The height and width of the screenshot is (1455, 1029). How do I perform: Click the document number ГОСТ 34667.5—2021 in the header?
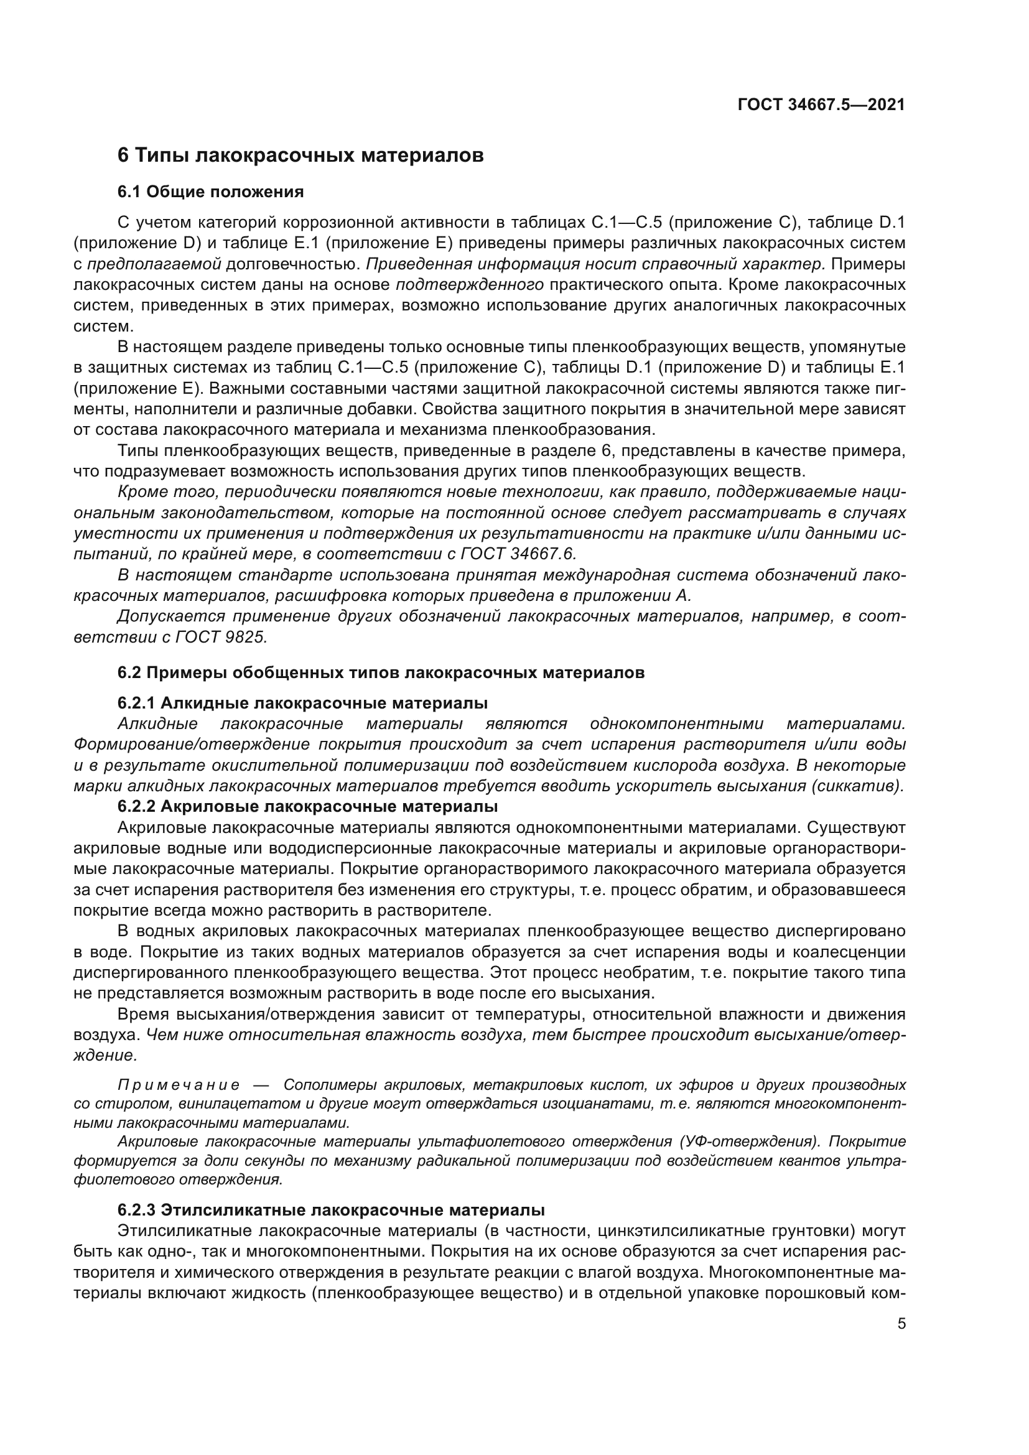[x=821, y=105]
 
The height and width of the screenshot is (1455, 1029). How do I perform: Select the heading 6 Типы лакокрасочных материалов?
[x=300, y=156]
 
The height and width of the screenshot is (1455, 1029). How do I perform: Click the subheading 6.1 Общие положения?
[x=210, y=192]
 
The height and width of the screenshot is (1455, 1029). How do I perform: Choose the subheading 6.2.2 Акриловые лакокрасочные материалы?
[x=307, y=807]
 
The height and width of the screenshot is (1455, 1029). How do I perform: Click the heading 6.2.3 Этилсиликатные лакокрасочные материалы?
[x=331, y=1210]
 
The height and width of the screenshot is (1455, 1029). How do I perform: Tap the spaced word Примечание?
[x=179, y=1085]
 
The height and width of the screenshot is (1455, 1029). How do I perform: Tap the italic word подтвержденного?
[x=470, y=285]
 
